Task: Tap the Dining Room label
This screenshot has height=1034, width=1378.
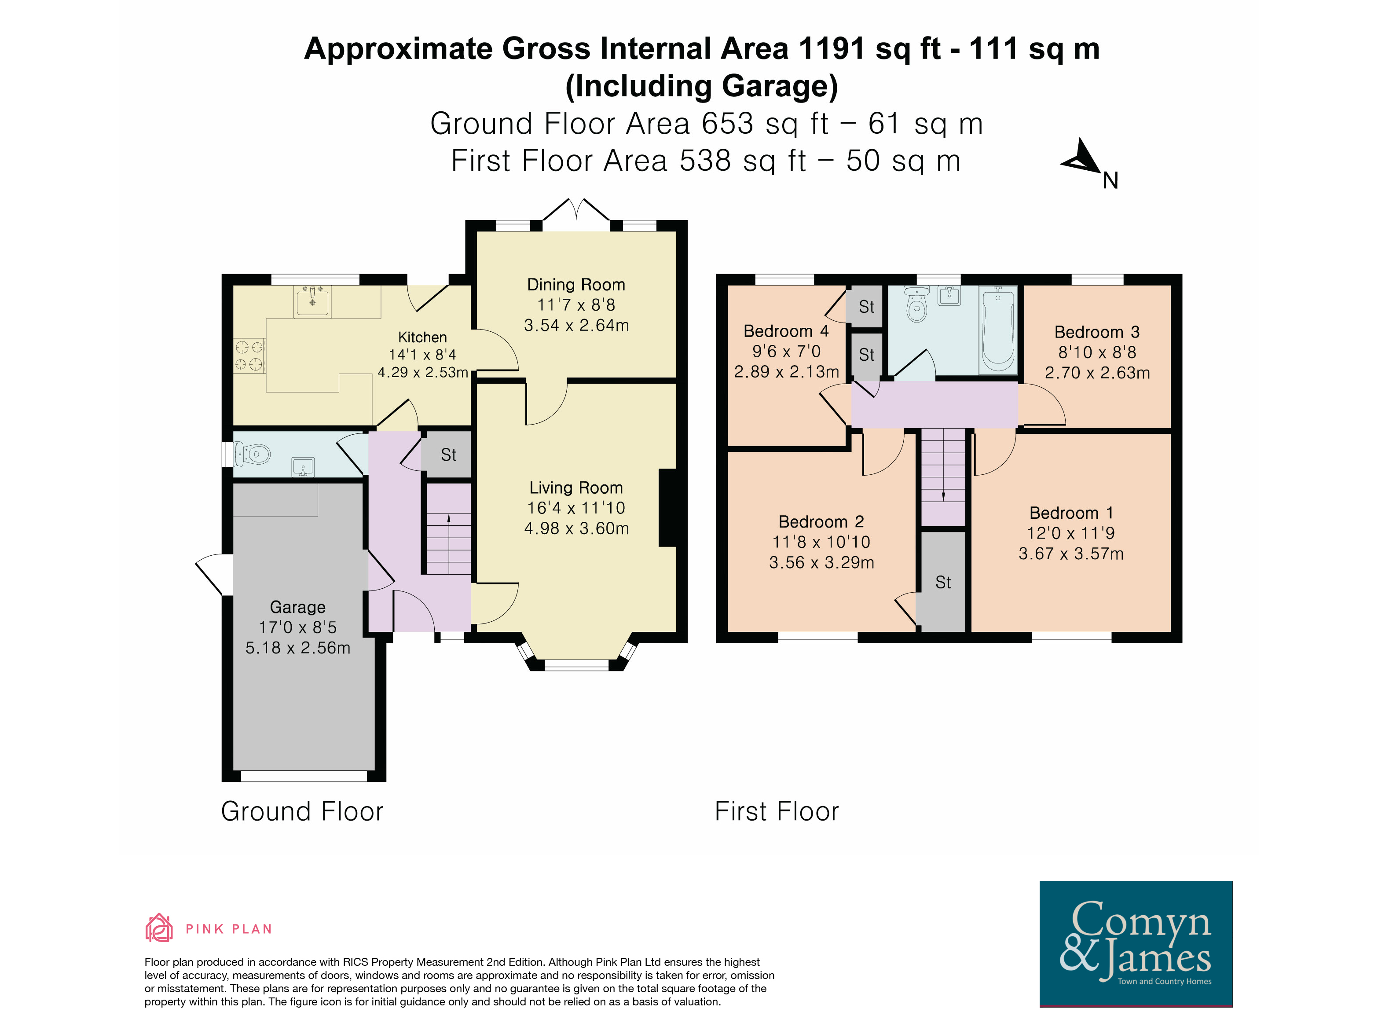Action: [x=575, y=285]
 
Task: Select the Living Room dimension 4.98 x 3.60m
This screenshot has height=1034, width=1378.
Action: [x=576, y=528]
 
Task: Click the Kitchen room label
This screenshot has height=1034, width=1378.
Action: [x=422, y=337]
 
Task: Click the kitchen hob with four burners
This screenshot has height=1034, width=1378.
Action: [x=249, y=356]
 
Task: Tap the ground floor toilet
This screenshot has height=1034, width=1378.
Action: [x=252, y=454]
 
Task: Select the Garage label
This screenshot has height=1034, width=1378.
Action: [x=298, y=607]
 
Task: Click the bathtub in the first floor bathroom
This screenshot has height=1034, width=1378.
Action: [x=997, y=330]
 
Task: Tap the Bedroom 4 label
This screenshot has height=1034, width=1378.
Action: [x=786, y=331]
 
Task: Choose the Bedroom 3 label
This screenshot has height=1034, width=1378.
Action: [x=1097, y=332]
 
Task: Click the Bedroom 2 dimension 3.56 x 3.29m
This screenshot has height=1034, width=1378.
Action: [x=822, y=562]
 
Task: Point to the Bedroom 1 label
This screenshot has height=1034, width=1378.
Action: [x=1071, y=513]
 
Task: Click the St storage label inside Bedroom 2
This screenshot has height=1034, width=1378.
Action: [x=943, y=583]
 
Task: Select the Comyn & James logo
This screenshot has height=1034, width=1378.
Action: [x=1136, y=943]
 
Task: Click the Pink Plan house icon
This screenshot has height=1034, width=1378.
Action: [x=159, y=928]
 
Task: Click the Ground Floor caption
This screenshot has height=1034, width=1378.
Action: [x=302, y=811]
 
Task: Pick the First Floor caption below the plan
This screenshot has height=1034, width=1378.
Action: [x=777, y=811]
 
